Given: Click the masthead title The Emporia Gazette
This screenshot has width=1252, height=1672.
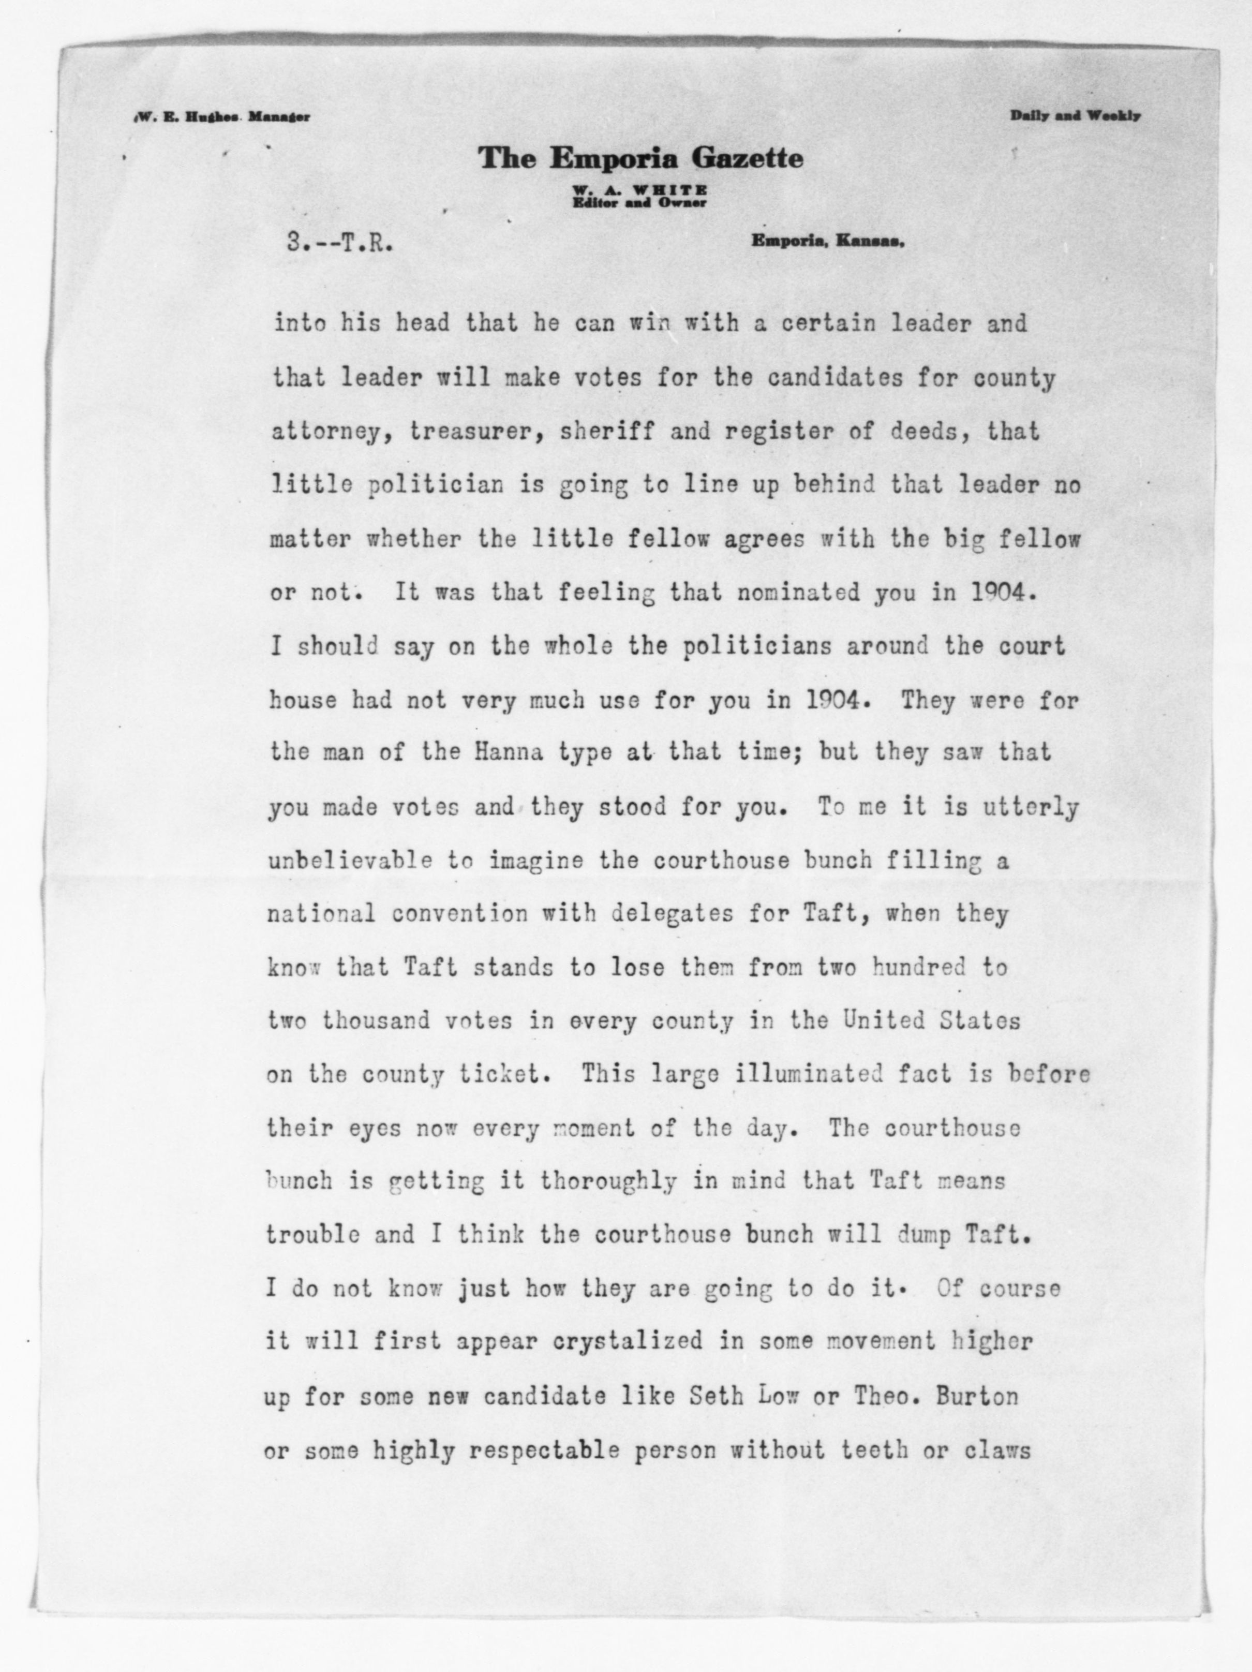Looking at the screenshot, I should coord(640,159).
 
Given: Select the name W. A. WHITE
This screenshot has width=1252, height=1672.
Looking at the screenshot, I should coord(639,191).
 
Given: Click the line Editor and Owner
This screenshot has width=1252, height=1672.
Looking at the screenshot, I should coord(639,202).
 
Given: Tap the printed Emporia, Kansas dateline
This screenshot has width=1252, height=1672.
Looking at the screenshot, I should coord(827,242).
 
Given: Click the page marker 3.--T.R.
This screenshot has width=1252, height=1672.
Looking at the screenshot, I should coord(339,243).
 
